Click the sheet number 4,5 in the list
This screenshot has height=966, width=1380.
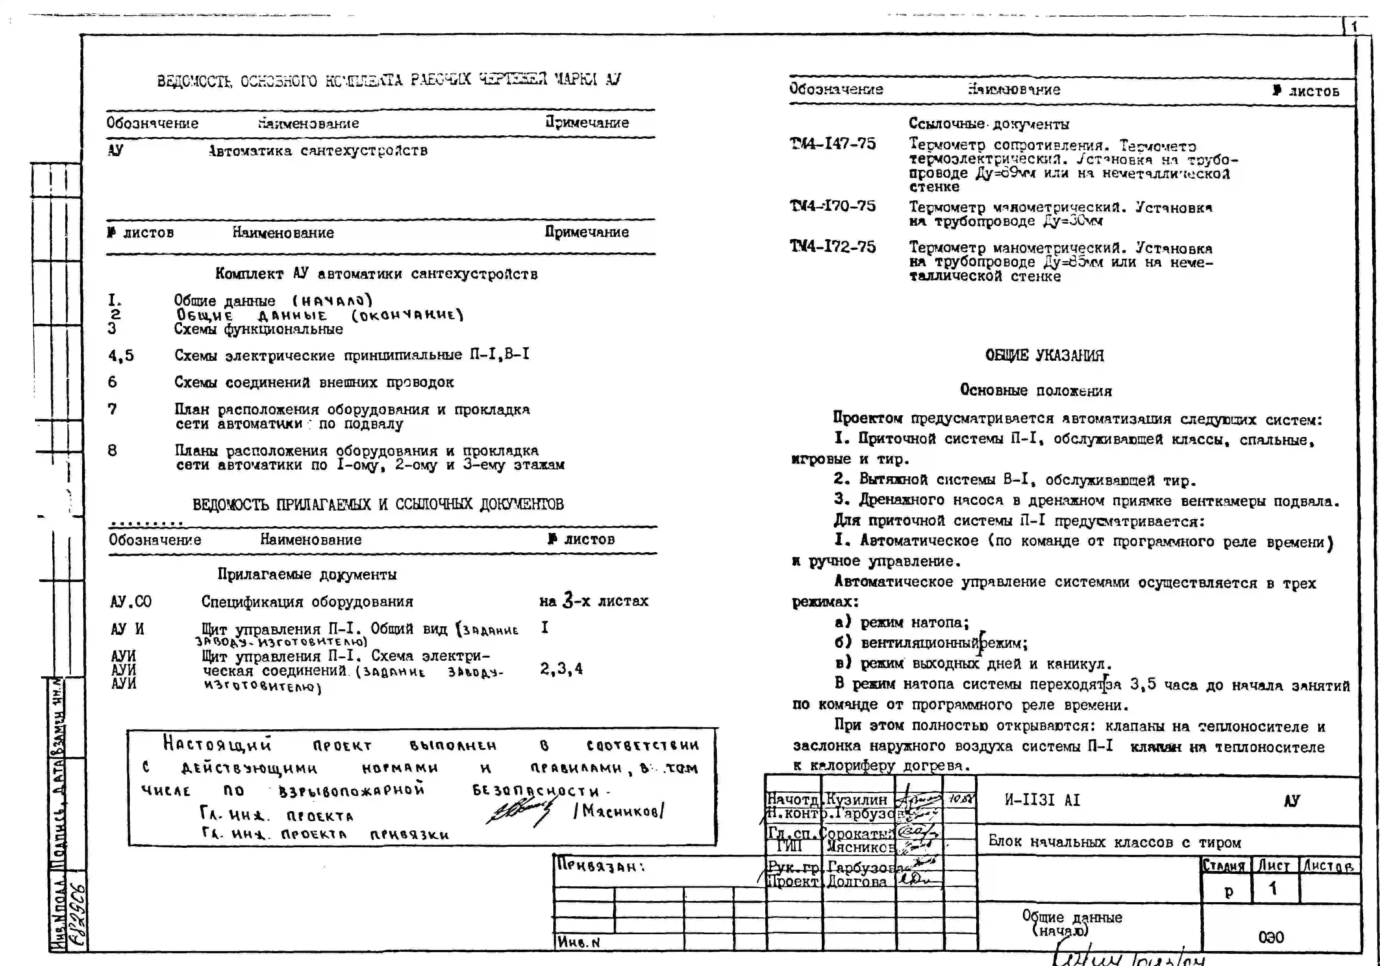121,356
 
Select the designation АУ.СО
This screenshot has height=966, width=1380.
130,602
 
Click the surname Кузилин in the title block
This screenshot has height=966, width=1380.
857,799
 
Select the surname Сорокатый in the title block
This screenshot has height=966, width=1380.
858,834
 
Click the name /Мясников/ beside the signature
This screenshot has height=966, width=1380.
619,811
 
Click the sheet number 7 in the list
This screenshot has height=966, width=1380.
113,409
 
